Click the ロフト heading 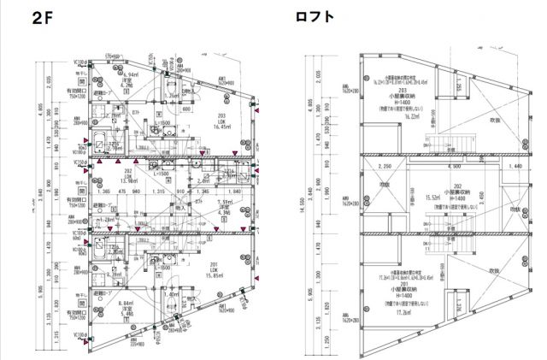[x=314, y=16]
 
